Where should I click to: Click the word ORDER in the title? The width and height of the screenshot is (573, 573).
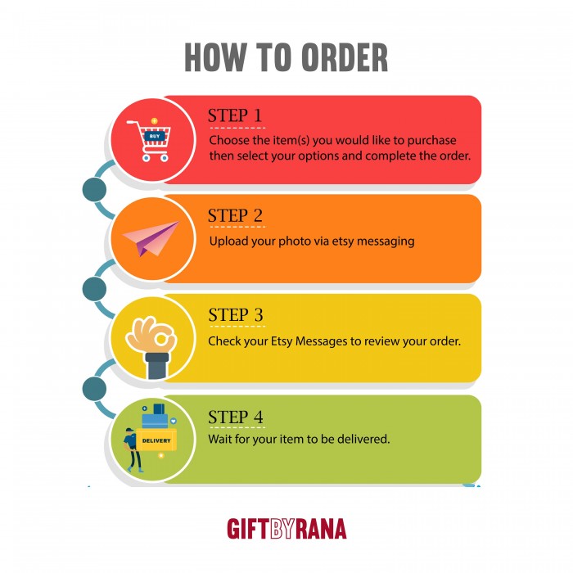[345, 57]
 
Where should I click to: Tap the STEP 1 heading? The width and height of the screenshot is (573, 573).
[235, 115]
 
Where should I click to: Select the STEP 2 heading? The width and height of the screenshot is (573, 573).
[235, 215]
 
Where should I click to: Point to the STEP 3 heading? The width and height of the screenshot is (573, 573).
[236, 315]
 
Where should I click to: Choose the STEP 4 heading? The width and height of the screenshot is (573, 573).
[236, 417]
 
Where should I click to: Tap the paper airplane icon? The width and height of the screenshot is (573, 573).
[151, 238]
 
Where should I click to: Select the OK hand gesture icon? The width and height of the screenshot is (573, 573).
[151, 347]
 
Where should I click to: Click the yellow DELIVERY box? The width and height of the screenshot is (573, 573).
[156, 440]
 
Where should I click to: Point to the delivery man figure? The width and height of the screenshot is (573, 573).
[133, 450]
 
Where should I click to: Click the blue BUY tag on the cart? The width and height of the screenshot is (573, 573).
[155, 137]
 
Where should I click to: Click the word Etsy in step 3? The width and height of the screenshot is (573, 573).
[282, 341]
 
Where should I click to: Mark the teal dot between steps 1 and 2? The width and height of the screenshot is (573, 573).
[94, 189]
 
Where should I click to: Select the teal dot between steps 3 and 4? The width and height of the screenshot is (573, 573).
[94, 389]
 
